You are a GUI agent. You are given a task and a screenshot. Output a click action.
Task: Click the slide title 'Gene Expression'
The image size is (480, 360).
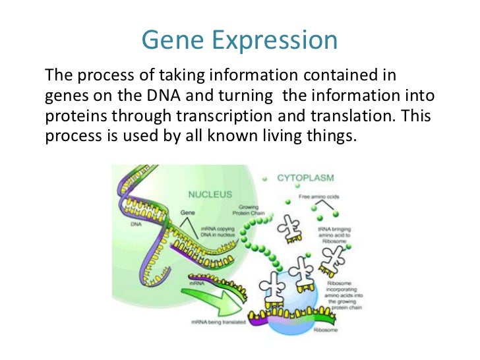coord(239,40)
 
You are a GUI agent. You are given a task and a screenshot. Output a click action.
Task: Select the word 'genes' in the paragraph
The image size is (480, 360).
coord(62,96)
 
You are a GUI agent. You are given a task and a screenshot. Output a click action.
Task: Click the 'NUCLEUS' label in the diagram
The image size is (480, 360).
coord(210,195)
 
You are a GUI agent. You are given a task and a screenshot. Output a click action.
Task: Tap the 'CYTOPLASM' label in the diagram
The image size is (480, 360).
coord(305,178)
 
